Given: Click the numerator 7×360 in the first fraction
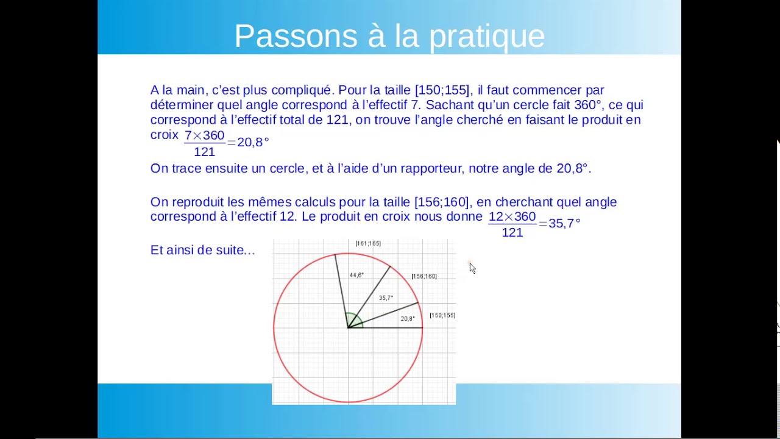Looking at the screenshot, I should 205,135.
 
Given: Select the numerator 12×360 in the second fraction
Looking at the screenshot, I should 512,217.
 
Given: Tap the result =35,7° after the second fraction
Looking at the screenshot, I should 560,224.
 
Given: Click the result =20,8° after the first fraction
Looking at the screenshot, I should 249,142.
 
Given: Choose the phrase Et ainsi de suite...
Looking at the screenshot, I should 202,250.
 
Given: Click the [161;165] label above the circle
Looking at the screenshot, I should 368,243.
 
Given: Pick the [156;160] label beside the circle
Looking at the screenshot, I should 424,276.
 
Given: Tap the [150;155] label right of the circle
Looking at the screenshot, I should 442,315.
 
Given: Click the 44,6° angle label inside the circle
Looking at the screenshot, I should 356,275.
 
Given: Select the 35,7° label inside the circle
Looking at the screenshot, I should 386,298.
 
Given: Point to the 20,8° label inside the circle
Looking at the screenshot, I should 408,318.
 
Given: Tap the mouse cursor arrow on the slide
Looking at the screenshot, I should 472,268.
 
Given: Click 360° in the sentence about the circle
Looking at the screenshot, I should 587,105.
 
